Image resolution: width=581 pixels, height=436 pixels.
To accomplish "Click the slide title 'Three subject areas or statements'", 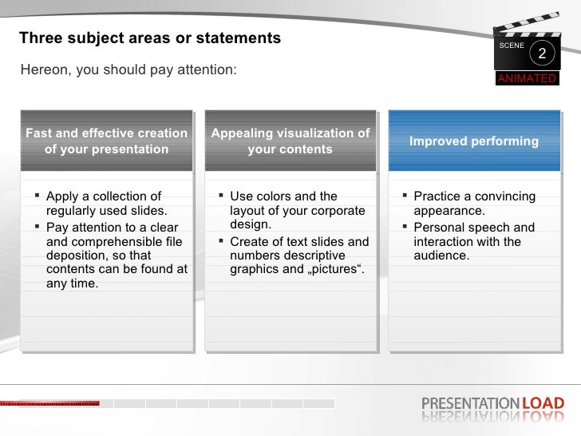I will point(150,38).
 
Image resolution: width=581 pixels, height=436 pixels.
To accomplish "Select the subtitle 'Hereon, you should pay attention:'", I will point(128,70).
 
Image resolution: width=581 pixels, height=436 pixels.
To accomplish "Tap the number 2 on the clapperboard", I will point(542,54).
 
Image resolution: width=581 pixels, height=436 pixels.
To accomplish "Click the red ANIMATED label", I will point(527,78).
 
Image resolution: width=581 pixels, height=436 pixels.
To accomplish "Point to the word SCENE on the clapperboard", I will point(512,46).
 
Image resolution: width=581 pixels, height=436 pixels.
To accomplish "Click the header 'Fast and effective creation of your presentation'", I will point(106,141).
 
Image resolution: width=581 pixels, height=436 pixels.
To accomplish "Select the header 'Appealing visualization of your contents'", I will point(290,141).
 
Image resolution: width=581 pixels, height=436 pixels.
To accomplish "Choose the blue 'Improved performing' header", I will point(474,141).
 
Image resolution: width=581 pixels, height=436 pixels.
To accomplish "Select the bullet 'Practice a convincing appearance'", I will point(474,204).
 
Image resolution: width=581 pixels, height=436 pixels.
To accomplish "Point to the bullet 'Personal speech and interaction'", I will point(474,241).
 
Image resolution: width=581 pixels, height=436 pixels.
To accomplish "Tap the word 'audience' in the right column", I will point(441,256).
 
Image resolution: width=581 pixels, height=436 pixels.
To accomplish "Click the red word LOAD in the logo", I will point(543,403).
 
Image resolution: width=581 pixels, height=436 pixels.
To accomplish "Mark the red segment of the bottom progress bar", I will point(49,403).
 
